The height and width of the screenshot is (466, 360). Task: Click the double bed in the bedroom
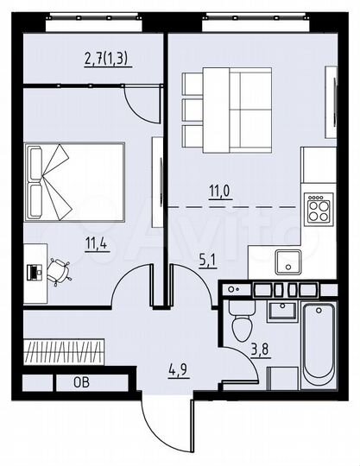(x=78, y=181)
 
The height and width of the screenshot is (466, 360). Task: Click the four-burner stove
(x=319, y=208)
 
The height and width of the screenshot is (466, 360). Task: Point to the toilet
(x=241, y=321)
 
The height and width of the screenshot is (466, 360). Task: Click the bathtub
(x=319, y=345)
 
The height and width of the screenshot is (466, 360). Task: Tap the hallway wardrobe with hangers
(x=65, y=350)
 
